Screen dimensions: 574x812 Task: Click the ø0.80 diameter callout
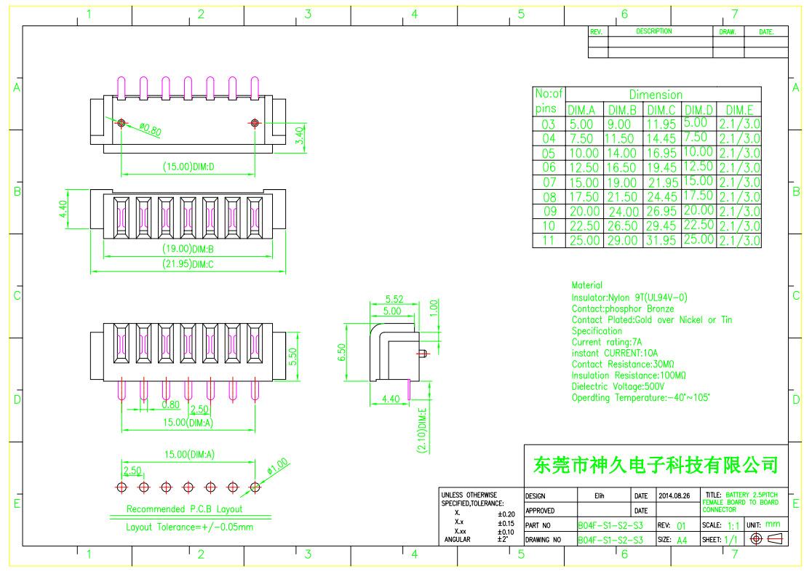[x=150, y=130]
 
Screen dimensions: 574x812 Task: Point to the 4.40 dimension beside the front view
[x=63, y=210]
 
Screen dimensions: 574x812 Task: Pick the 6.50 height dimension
[x=343, y=353]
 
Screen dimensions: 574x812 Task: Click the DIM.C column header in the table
[x=661, y=110]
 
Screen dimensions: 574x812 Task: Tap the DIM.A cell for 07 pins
[x=584, y=182]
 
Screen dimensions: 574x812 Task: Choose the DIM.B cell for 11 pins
[x=622, y=240]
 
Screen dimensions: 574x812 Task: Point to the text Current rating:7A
[x=607, y=342]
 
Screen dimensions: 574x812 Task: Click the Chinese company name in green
[x=656, y=464]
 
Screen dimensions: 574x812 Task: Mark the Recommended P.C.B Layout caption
[x=184, y=509]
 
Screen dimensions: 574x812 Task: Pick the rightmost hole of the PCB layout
[x=255, y=487]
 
